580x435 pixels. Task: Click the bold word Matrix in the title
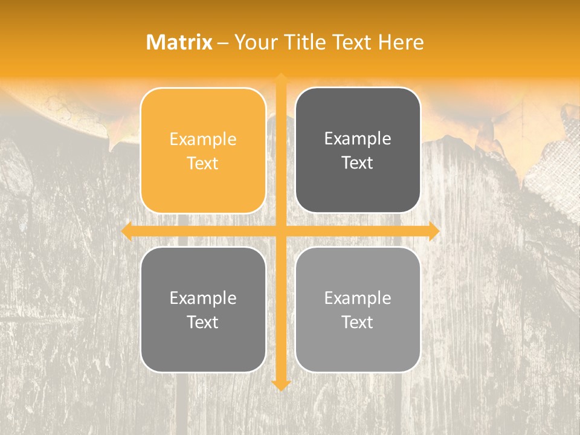coord(179,42)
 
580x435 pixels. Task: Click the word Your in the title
coord(256,42)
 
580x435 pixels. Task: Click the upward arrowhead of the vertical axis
coord(281,78)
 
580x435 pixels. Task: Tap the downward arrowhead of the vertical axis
coord(281,385)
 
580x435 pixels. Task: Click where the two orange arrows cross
coord(281,231)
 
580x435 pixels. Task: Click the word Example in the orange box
coord(203,140)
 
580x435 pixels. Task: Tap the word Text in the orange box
coord(203,163)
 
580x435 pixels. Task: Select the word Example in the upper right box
coord(358,139)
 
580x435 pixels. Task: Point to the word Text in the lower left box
coord(203,322)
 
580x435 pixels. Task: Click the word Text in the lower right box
coord(358,322)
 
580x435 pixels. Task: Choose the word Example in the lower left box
coord(203,298)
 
